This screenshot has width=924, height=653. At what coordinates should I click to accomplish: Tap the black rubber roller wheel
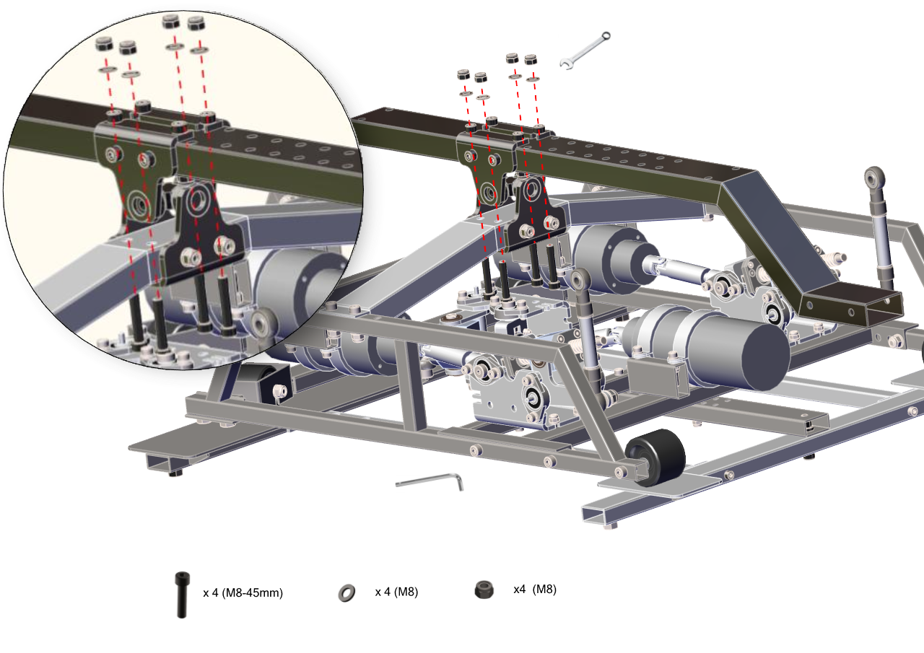coord(656,457)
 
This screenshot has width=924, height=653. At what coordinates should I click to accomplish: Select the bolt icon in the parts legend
coord(182,595)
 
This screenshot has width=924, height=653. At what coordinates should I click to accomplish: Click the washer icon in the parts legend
coord(346,593)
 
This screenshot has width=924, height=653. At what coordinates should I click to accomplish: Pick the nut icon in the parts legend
coord(484,590)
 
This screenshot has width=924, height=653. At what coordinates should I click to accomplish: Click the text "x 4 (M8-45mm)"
coord(243,593)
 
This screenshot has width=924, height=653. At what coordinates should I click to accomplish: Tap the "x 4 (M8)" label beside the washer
coord(396,592)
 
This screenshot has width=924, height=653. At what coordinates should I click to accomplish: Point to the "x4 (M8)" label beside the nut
coord(535,590)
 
